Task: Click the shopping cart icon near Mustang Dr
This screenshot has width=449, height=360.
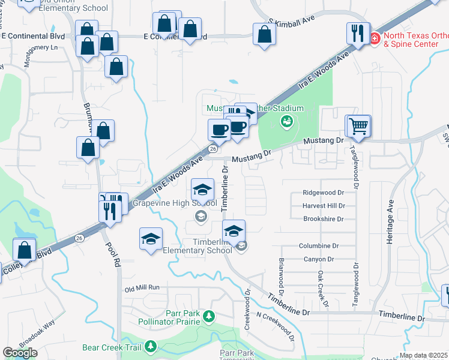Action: coord(358,125)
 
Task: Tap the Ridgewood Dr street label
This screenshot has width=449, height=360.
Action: coord(323,193)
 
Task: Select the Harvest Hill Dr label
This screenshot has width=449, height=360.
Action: coord(324,206)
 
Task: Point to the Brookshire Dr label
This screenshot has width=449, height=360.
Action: coord(324,219)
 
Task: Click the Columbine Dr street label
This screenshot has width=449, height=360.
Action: coord(319,246)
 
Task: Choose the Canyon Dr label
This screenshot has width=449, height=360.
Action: coord(318,259)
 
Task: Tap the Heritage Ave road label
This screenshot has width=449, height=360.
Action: coord(390,221)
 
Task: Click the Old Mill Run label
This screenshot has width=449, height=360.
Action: coord(142,288)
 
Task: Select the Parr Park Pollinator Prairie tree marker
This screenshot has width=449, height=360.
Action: coord(209,316)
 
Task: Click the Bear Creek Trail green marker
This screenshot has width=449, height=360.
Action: coord(149,346)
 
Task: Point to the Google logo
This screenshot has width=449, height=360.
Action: coord(20,353)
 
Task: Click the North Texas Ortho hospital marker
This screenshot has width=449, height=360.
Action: coord(374,38)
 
